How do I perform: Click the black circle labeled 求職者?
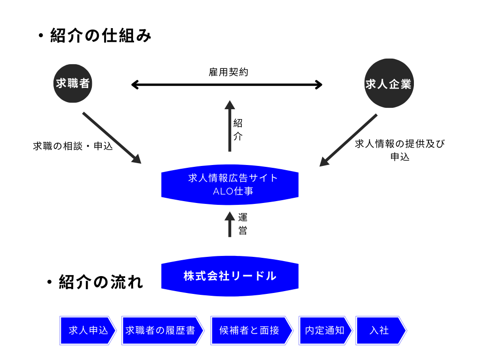click(73, 84)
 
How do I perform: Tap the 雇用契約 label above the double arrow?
click(228, 72)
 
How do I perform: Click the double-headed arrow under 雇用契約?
click(227, 85)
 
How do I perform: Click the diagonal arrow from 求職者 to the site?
click(112, 137)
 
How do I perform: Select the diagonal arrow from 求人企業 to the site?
click(348, 140)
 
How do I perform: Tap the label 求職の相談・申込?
click(73, 146)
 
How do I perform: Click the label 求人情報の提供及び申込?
click(400, 150)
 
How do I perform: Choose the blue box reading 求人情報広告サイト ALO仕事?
click(230, 185)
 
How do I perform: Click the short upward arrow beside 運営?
click(230, 224)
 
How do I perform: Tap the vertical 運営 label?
click(242, 224)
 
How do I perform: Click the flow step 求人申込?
click(88, 330)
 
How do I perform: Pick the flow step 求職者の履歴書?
click(162, 330)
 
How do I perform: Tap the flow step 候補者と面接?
click(250, 330)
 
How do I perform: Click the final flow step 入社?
click(380, 330)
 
